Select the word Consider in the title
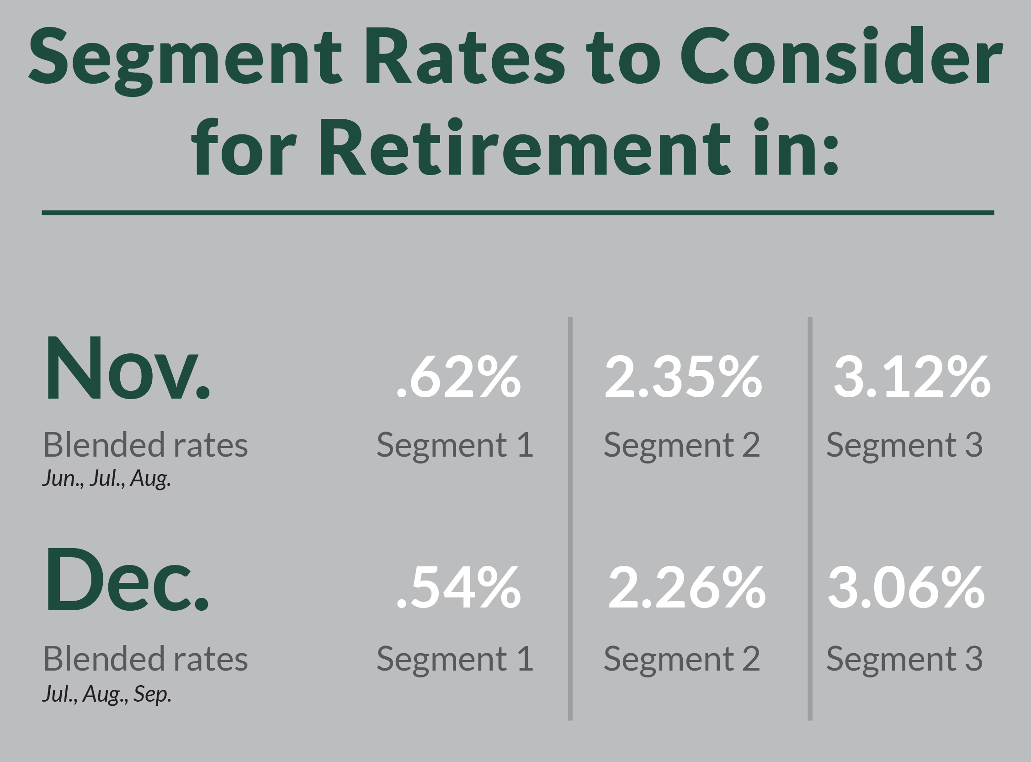point(841,58)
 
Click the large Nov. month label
point(127,369)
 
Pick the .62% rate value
point(458,377)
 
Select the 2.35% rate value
point(683,377)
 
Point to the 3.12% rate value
point(912,377)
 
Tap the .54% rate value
point(458,589)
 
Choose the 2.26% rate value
point(687,589)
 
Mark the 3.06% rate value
point(907,589)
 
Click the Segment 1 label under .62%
point(455,446)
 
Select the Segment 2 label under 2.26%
point(682,660)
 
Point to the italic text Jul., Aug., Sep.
point(107,694)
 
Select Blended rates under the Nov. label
point(146,446)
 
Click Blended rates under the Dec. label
point(146,660)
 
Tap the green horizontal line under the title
point(517,213)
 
